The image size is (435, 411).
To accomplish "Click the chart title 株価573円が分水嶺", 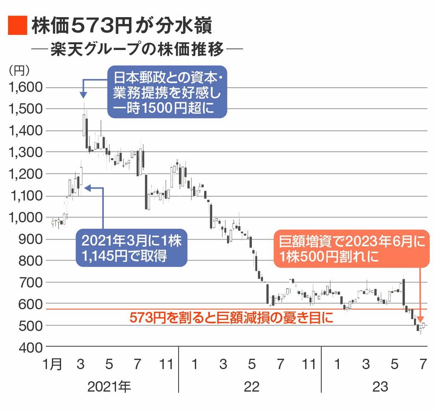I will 121,26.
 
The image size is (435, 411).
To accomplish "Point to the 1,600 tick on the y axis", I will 26,87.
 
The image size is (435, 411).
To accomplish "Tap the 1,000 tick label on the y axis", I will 26,217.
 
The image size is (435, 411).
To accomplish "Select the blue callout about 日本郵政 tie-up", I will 166,92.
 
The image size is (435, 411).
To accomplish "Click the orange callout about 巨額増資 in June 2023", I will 352,248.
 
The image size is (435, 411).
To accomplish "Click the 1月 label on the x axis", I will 52,364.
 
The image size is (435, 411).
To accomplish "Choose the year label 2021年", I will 109,387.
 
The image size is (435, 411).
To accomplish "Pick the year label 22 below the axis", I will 251,387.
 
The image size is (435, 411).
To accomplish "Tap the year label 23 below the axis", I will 380,387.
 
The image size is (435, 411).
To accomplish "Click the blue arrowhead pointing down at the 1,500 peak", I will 82,95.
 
